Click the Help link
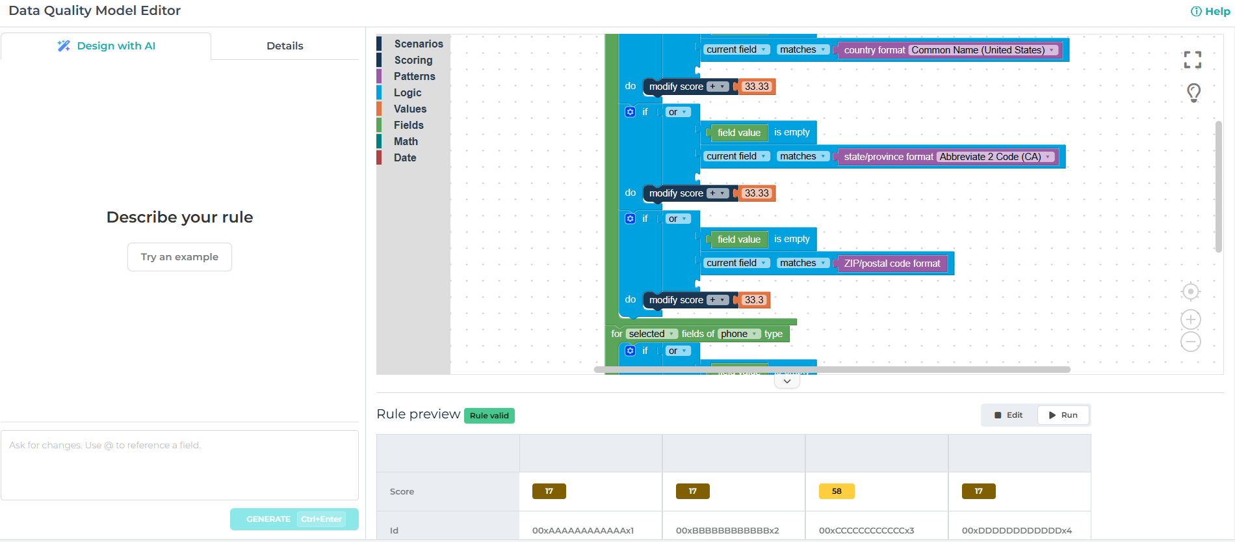(x=1210, y=11)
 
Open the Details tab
(x=285, y=46)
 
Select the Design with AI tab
(x=107, y=46)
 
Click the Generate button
(x=294, y=519)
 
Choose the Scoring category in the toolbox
(x=413, y=60)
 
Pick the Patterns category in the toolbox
(x=414, y=76)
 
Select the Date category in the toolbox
(x=404, y=157)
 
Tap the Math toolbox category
(x=406, y=141)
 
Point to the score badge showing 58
(x=836, y=491)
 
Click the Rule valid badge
(x=489, y=416)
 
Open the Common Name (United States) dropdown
(x=983, y=50)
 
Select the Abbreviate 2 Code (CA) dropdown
(x=995, y=157)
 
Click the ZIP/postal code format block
(x=891, y=264)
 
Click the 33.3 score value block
(x=754, y=300)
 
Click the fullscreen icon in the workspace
(x=1192, y=60)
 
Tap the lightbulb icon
(x=1193, y=92)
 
